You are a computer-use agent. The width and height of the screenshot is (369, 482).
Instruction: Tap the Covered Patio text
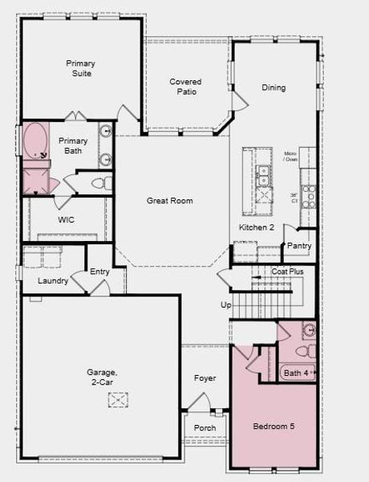tap(185, 86)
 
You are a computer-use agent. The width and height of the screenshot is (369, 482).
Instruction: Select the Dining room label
tap(274, 88)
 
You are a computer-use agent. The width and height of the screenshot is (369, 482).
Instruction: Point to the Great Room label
tap(169, 201)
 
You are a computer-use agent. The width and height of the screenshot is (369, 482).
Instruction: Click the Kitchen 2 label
tap(257, 228)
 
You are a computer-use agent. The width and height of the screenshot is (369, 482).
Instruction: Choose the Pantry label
tap(298, 246)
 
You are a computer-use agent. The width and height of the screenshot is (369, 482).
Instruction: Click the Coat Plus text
tap(287, 272)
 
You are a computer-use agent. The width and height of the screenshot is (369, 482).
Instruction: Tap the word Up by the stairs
tap(225, 305)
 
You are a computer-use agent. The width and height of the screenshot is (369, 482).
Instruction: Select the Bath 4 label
tap(295, 373)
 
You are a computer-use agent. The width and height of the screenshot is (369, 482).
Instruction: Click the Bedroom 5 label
tap(274, 426)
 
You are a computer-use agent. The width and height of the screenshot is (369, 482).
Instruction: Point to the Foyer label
tap(205, 378)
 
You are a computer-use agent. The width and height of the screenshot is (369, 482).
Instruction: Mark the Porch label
tap(205, 428)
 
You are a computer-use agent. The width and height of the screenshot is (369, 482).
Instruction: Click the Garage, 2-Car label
tap(103, 377)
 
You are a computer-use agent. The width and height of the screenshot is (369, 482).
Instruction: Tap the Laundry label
tap(53, 280)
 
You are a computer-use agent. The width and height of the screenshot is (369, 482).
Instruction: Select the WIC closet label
tap(67, 219)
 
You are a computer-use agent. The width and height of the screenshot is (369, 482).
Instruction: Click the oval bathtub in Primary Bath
tap(35, 140)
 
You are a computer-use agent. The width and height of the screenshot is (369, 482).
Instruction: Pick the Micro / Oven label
tap(290, 156)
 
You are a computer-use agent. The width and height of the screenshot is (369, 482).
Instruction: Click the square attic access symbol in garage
tap(119, 399)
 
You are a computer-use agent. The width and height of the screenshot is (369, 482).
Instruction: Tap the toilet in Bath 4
tap(304, 351)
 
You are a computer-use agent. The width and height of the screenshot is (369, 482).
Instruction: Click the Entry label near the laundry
tap(99, 272)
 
